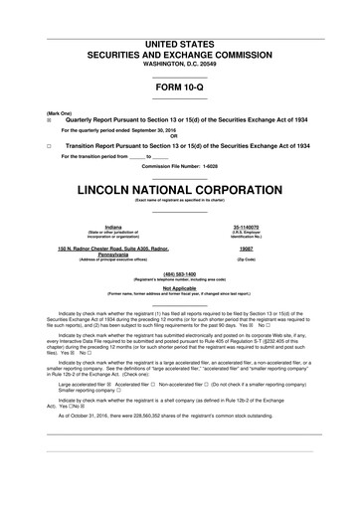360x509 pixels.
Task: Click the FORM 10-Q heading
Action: pos(179,86)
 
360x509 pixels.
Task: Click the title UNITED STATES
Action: pos(179,46)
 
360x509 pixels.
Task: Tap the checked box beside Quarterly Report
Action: pos(35,119)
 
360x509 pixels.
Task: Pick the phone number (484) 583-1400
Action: pos(179,271)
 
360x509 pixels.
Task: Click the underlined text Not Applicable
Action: pos(179,287)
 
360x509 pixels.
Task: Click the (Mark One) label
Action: pos(45,112)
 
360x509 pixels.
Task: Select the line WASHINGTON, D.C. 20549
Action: pos(179,67)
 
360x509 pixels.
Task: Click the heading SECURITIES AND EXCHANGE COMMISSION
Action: pos(179,57)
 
